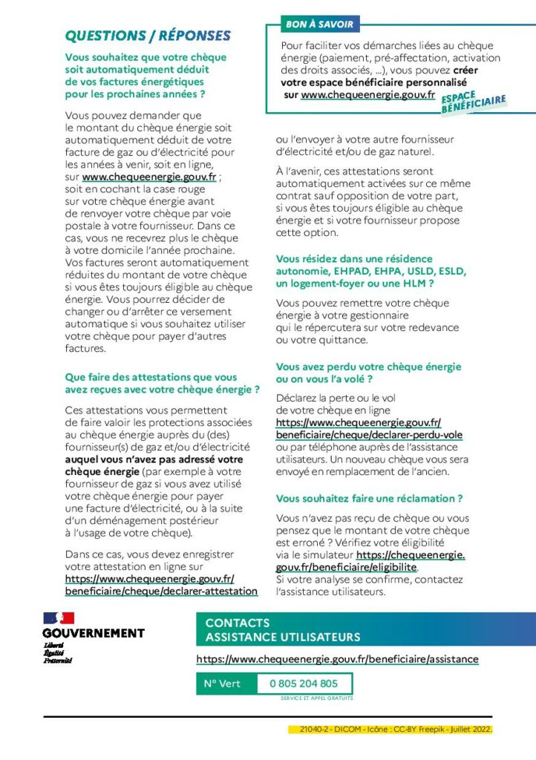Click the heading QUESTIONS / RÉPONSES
point(148,36)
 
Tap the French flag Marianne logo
point(59,618)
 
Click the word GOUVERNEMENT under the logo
point(94,633)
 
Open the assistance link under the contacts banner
point(338,659)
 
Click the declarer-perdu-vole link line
point(369,435)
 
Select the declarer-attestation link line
point(161,591)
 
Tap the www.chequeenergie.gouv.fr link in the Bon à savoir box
point(368,94)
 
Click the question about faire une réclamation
point(369,498)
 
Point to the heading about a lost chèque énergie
point(368,373)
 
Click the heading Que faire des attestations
point(162,383)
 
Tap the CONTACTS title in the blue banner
point(238,623)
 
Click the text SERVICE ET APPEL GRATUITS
point(316,698)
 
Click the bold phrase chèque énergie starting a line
point(102,471)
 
